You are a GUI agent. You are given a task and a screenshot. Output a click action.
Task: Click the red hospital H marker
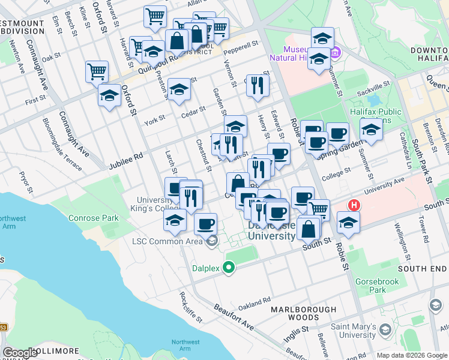(x=354, y=205)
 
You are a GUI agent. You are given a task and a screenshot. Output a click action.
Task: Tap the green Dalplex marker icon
(x=228, y=268)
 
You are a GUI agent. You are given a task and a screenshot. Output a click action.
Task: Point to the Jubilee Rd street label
(x=125, y=160)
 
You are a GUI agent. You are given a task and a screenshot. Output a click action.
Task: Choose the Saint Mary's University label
(x=357, y=330)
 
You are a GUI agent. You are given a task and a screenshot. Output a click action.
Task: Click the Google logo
(x=20, y=352)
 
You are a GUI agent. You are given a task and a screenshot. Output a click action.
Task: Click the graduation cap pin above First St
(x=109, y=95)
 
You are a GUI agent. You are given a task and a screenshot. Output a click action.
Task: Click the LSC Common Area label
(x=169, y=242)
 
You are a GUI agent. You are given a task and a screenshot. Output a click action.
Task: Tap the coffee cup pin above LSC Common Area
(x=205, y=224)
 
